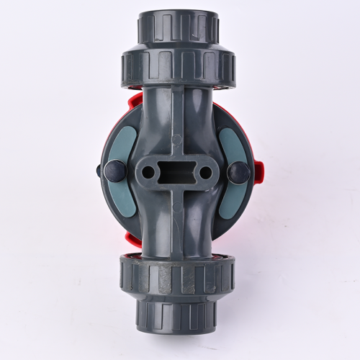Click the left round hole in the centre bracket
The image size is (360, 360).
coord(148,173)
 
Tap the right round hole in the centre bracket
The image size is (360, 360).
coord(205,173)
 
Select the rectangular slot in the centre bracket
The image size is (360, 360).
coord(176,173)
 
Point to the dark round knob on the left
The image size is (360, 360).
coord(114,171)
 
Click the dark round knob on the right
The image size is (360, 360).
coord(239,173)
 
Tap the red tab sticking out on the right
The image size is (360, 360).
coord(260,171)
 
